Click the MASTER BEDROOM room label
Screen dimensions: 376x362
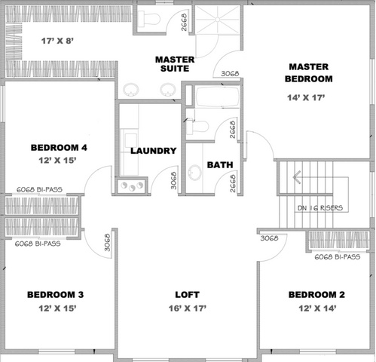(x=309, y=73)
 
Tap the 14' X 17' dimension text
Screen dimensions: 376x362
(x=306, y=97)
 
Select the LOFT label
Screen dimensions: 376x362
(x=188, y=295)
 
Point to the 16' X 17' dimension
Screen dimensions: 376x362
(x=188, y=308)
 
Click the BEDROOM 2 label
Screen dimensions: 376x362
(x=316, y=295)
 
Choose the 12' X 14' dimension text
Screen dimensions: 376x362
(x=317, y=308)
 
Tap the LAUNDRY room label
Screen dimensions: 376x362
(x=154, y=151)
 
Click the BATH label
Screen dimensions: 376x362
(x=220, y=165)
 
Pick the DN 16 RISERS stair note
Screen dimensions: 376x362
(x=320, y=208)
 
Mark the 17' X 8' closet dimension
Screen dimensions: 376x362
(x=57, y=41)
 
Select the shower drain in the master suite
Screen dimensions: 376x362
(x=218, y=19)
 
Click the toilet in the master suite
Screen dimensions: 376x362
(x=149, y=18)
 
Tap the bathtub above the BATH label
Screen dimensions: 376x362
(x=218, y=97)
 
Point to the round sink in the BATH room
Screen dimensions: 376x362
(x=195, y=173)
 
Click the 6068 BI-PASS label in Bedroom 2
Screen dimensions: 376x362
(x=338, y=257)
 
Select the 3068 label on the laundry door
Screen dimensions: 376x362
(x=173, y=180)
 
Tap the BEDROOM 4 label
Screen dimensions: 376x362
(x=59, y=148)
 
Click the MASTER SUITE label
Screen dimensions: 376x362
(x=175, y=64)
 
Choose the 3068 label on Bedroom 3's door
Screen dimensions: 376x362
(x=107, y=243)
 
